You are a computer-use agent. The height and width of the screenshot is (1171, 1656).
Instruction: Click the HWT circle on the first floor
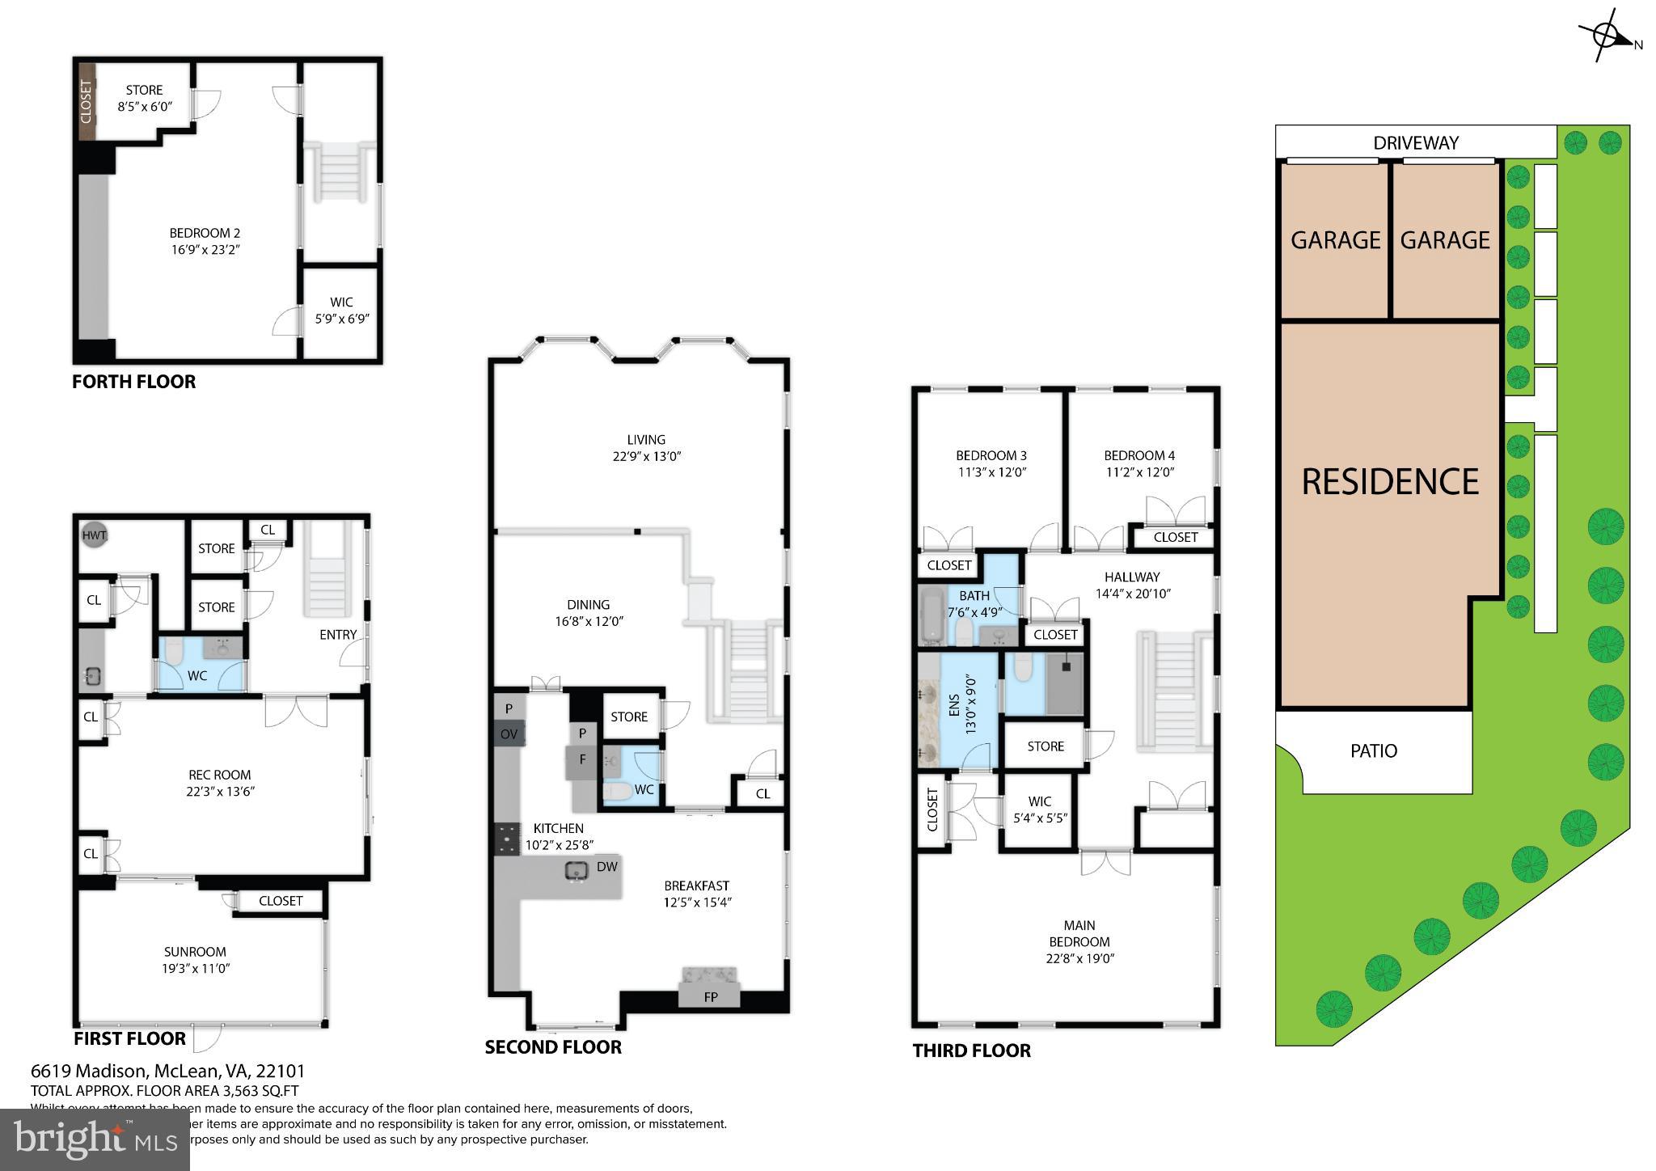point(95,535)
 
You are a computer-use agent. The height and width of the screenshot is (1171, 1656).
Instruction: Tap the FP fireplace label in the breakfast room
point(710,997)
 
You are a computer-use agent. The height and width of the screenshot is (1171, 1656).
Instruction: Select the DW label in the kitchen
point(606,867)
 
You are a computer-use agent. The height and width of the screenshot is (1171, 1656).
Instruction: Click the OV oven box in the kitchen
point(509,734)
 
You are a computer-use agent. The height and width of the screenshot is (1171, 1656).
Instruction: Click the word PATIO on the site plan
point(1373,751)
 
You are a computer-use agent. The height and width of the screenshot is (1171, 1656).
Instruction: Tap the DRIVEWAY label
point(1415,143)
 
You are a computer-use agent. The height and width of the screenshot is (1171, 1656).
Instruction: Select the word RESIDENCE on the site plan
point(1389,482)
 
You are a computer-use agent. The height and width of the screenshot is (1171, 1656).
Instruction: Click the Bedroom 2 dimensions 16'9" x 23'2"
point(205,250)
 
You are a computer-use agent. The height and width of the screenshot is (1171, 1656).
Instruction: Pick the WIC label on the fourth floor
point(341,302)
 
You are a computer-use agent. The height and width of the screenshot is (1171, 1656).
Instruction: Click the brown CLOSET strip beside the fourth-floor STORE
point(87,102)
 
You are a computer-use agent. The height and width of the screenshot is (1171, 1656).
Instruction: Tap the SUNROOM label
point(195,952)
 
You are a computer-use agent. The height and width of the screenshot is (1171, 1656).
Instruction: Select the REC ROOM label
point(220,775)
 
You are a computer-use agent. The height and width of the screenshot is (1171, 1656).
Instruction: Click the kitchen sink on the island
point(577,871)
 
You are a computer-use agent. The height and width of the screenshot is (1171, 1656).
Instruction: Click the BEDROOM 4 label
point(1138,455)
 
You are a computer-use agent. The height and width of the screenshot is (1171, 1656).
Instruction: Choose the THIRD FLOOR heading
point(971,1051)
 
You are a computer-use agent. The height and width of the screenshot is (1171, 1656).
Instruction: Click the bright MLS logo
point(95,1139)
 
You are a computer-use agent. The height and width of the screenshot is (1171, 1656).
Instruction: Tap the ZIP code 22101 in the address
point(281,1072)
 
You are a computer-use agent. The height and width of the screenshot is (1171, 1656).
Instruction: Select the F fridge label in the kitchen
point(581,759)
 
